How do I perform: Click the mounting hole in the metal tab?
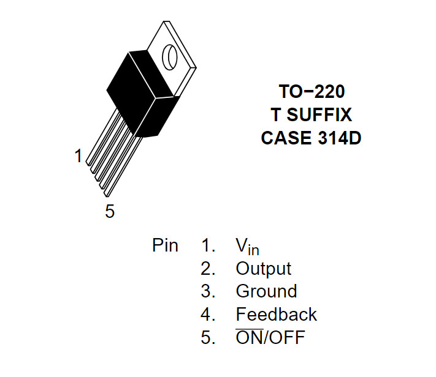tap(170, 56)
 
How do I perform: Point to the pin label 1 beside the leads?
tap(78, 157)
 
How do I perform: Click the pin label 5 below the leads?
tap(110, 211)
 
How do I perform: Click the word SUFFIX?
tap(320, 115)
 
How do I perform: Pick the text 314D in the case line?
tap(337, 138)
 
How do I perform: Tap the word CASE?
tap(285, 138)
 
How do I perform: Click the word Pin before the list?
tap(165, 245)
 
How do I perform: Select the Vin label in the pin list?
tap(247, 246)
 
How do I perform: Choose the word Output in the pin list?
tap(263, 269)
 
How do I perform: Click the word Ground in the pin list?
tap(266, 291)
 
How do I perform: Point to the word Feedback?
tap(276, 315)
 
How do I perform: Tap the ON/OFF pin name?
tap(270, 337)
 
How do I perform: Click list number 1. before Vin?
tap(208, 245)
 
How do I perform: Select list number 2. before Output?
tap(208, 269)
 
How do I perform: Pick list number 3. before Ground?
tap(208, 291)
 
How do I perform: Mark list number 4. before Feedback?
tap(208, 315)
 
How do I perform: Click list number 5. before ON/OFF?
tap(208, 337)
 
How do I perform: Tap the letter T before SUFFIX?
tap(276, 115)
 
